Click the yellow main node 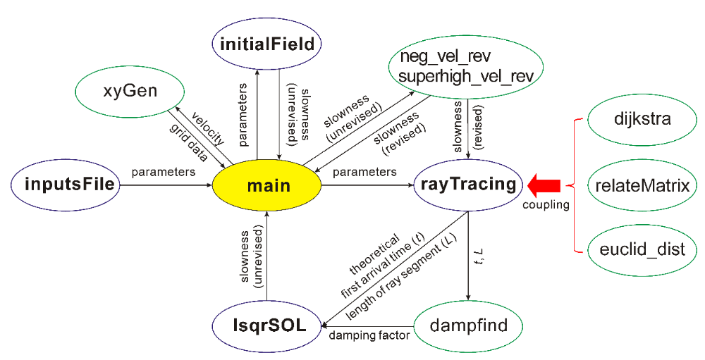coord(269,186)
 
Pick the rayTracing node coord(468,185)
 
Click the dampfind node coord(468,327)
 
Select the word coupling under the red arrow coord(546,205)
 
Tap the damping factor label coord(370,336)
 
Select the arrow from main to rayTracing coord(367,186)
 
